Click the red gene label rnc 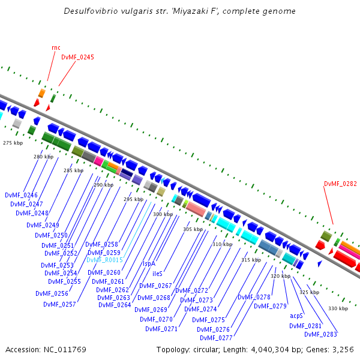(56, 47)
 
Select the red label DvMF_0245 (77, 58)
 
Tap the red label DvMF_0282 (340, 184)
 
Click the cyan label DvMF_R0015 (104, 260)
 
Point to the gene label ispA (149, 263)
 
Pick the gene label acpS (296, 316)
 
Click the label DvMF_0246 (21, 196)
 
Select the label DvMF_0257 (59, 304)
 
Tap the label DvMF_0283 (321, 334)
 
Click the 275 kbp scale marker (13, 143)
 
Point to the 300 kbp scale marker (163, 214)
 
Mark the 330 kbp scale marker (338, 308)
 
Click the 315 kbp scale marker (251, 260)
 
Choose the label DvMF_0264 (114, 305)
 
